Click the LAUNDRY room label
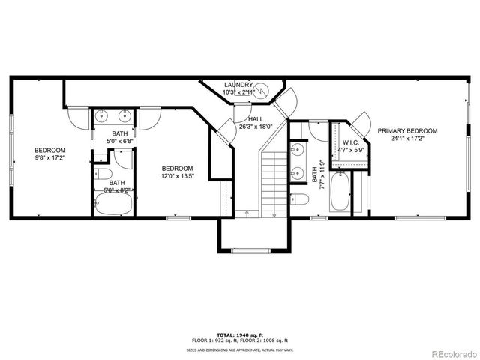pos(239,85)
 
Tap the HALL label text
pos(256,119)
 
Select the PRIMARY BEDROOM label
pos(407,130)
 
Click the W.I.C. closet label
pos(351,142)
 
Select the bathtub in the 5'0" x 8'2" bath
pos(115,203)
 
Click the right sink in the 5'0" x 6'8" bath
pos(125,115)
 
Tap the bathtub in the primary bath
pos(339,191)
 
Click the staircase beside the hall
pos(274,180)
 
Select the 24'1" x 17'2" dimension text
pos(407,139)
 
